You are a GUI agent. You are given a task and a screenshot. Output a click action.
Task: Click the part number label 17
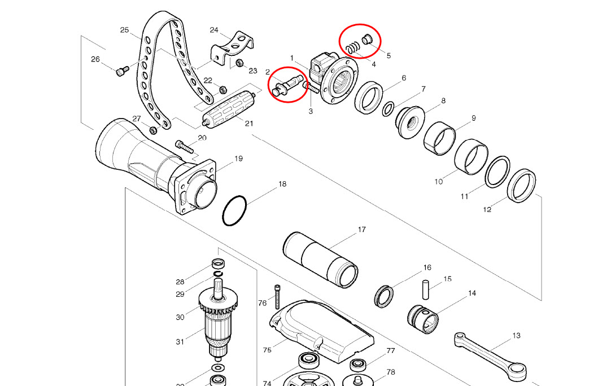(361, 230)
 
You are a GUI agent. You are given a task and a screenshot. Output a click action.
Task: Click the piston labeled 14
(422, 319)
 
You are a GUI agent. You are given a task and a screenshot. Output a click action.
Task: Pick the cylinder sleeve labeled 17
(321, 259)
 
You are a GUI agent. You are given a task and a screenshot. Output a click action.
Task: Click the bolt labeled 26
(123, 71)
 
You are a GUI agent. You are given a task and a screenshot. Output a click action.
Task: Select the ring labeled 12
(521, 185)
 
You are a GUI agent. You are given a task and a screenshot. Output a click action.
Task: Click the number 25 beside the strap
(125, 30)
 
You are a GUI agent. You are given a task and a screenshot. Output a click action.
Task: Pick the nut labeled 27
(152, 130)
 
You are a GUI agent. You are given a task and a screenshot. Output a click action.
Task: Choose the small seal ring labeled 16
(384, 296)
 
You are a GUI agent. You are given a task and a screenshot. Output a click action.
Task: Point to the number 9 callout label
(473, 118)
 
